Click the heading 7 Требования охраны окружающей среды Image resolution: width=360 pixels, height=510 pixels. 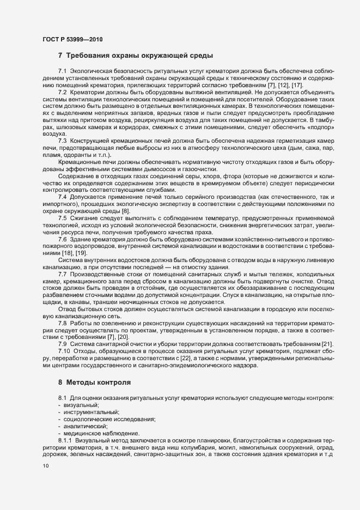tap(135, 56)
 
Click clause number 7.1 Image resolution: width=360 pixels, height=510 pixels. tap(62, 72)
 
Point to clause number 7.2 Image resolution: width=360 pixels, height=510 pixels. tap(62, 92)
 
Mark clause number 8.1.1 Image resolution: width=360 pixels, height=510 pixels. tap(65, 438)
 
